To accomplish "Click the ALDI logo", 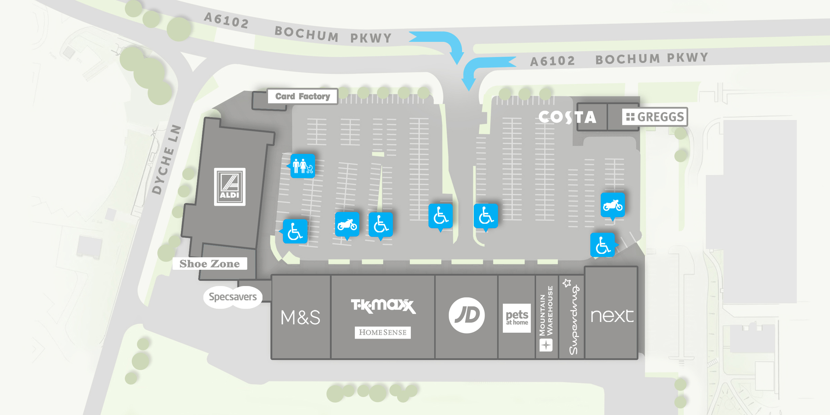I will [x=230, y=187].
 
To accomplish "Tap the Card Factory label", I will [x=303, y=96].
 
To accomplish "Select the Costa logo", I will [x=567, y=117].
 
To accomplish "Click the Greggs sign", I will [x=655, y=117].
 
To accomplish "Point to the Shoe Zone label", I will [x=210, y=264].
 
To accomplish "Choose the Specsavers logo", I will [x=233, y=297].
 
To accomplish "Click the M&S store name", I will [x=300, y=317].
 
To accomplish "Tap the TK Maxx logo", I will [x=383, y=306].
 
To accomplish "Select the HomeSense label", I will [x=382, y=332].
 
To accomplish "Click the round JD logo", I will [x=467, y=315].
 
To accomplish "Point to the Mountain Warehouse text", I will [x=546, y=311].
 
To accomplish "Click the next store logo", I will [x=612, y=316].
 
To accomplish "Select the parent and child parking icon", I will [x=303, y=166].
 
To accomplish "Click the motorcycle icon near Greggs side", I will [x=612, y=205].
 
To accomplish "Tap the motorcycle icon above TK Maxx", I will [x=347, y=225].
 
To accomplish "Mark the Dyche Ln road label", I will [x=167, y=160].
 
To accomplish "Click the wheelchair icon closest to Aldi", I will [x=295, y=231].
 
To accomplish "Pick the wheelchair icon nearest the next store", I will [x=602, y=245].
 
